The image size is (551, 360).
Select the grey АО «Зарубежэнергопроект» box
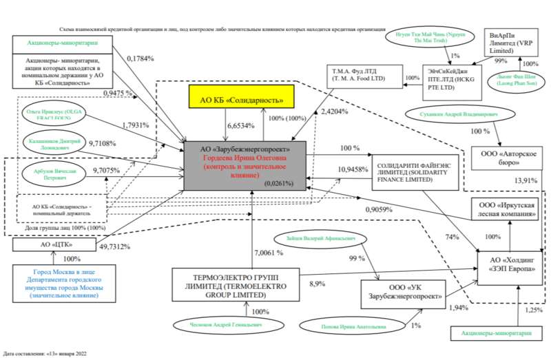coord(251,165)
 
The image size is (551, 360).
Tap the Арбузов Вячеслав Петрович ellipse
coord(53,173)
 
